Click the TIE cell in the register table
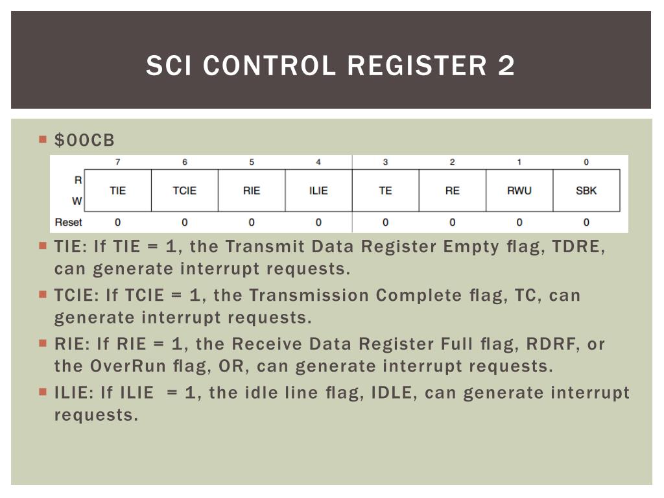pyautogui.click(x=118, y=191)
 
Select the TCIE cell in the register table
pyautogui.click(x=185, y=191)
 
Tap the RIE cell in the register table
pyautogui.click(x=252, y=191)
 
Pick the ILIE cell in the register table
pyautogui.click(x=318, y=191)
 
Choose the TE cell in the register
pyautogui.click(x=385, y=191)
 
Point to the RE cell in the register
pyautogui.click(x=452, y=191)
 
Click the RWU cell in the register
pyautogui.click(x=519, y=191)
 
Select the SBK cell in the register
pyautogui.click(x=586, y=191)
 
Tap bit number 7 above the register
pyautogui.click(x=118, y=162)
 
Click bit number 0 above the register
pyautogui.click(x=586, y=162)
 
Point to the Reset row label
pyautogui.click(x=69, y=222)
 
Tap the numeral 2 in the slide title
pyautogui.click(x=506, y=66)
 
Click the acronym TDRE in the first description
pyautogui.click(x=576, y=247)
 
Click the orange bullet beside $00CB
pyautogui.click(x=43, y=139)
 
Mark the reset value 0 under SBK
pyautogui.click(x=586, y=222)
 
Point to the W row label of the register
pyautogui.click(x=77, y=201)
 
